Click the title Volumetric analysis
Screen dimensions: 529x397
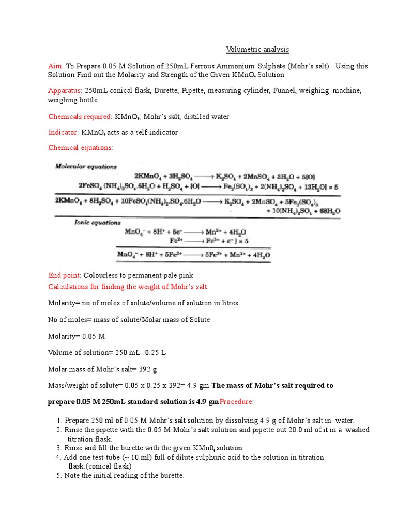[x=257, y=50]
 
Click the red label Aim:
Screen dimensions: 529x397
[x=55, y=66]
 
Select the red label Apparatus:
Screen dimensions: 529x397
[x=66, y=91]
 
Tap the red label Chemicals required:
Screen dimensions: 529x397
[x=80, y=117]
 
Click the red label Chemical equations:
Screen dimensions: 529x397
[x=80, y=148]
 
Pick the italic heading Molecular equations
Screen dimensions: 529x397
[x=86, y=167]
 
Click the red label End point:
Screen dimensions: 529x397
[x=65, y=276]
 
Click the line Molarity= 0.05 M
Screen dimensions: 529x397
[x=77, y=336]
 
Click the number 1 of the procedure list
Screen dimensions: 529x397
[x=59, y=421]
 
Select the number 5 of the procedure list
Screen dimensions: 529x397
[x=59, y=475]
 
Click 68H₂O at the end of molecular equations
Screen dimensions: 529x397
[x=328, y=211]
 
